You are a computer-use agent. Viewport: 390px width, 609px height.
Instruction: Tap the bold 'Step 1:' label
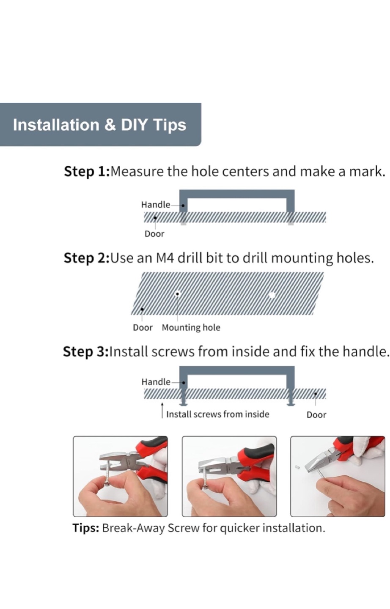(x=86, y=172)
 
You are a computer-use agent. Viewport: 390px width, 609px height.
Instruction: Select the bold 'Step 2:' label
(x=86, y=258)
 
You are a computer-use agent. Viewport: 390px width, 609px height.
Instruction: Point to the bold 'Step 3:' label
(x=86, y=352)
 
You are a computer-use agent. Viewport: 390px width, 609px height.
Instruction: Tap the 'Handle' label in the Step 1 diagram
(x=156, y=204)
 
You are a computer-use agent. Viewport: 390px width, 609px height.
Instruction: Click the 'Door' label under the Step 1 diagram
(x=154, y=234)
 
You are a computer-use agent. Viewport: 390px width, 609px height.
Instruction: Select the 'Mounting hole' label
(x=191, y=328)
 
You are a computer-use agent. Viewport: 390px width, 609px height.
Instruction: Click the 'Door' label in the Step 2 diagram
(x=143, y=328)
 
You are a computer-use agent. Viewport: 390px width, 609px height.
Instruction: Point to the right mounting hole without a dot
(x=272, y=295)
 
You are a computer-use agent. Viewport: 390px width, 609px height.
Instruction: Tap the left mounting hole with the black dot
(x=177, y=294)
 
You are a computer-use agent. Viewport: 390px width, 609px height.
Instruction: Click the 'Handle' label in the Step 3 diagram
(x=156, y=382)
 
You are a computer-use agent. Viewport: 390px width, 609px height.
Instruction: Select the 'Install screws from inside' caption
(x=217, y=414)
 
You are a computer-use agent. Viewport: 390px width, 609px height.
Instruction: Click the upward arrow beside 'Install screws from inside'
(x=162, y=411)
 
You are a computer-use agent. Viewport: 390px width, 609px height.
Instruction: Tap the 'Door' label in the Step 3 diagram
(x=316, y=415)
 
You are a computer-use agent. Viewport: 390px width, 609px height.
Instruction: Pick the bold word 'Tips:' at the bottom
(x=86, y=528)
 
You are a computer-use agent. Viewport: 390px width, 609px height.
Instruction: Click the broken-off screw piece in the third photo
(x=297, y=467)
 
